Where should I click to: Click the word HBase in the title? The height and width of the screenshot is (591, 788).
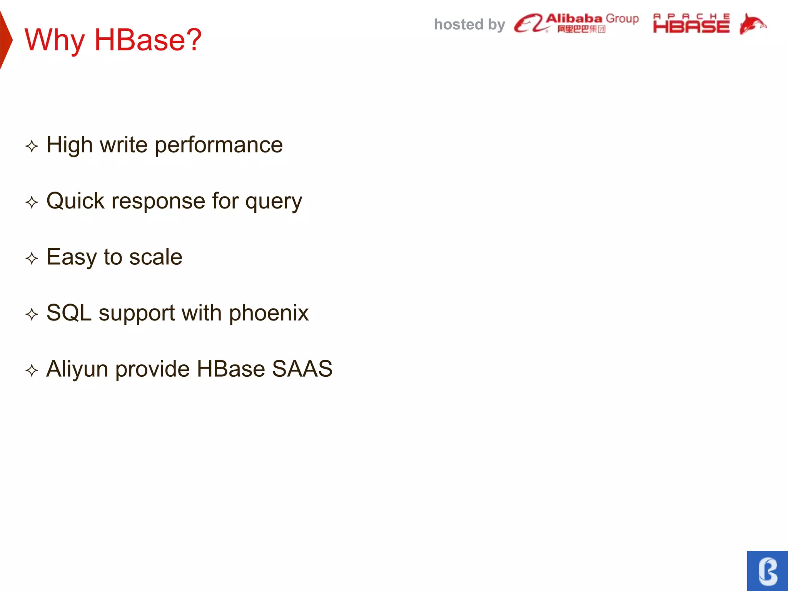coord(148,40)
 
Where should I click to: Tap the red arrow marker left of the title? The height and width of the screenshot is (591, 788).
coord(5,40)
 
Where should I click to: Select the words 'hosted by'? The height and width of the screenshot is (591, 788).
coord(469,25)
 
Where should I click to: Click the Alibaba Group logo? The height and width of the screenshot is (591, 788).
coord(576,23)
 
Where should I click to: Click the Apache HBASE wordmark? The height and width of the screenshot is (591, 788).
coord(691,24)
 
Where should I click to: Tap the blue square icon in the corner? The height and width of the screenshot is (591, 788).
coord(767,571)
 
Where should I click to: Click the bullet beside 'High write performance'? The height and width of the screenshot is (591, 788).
coord(32,146)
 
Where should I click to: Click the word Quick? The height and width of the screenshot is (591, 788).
coord(75,201)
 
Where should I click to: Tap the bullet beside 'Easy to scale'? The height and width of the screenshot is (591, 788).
coord(32,258)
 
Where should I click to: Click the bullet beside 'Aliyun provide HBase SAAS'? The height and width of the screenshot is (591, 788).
coord(32,371)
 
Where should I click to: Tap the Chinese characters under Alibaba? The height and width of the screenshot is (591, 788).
coord(581,29)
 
